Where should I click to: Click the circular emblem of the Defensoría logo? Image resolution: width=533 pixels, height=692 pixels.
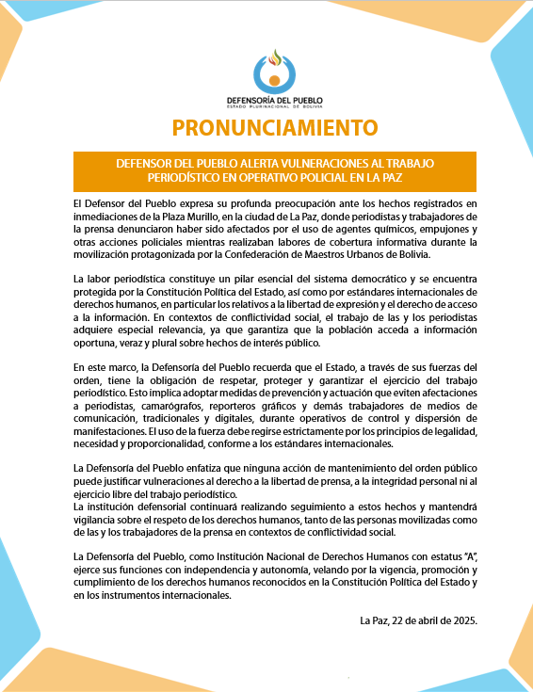pyautogui.click(x=273, y=70)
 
